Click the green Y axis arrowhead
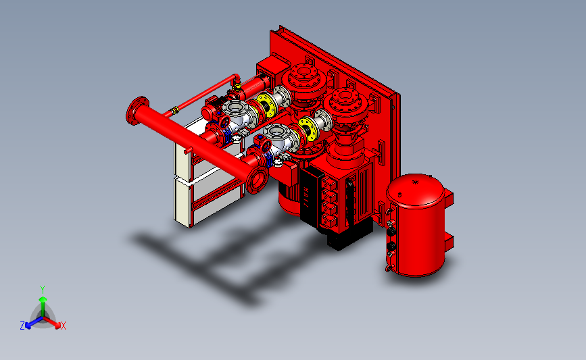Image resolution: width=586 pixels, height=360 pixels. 43,299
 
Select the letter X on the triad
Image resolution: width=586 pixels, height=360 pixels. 63,326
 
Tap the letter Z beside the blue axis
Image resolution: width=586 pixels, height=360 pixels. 22,326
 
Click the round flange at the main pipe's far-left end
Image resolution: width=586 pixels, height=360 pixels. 137,111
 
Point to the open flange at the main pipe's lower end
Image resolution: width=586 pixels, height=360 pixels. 257,180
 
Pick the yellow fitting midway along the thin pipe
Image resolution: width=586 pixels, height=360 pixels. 174,110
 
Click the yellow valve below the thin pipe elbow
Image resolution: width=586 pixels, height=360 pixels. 237,86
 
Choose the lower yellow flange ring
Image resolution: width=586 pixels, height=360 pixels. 308,129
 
